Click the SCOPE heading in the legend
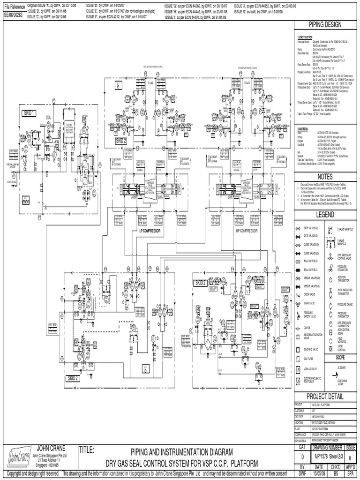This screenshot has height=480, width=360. [340, 357]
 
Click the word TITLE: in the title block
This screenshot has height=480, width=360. [88, 450]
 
